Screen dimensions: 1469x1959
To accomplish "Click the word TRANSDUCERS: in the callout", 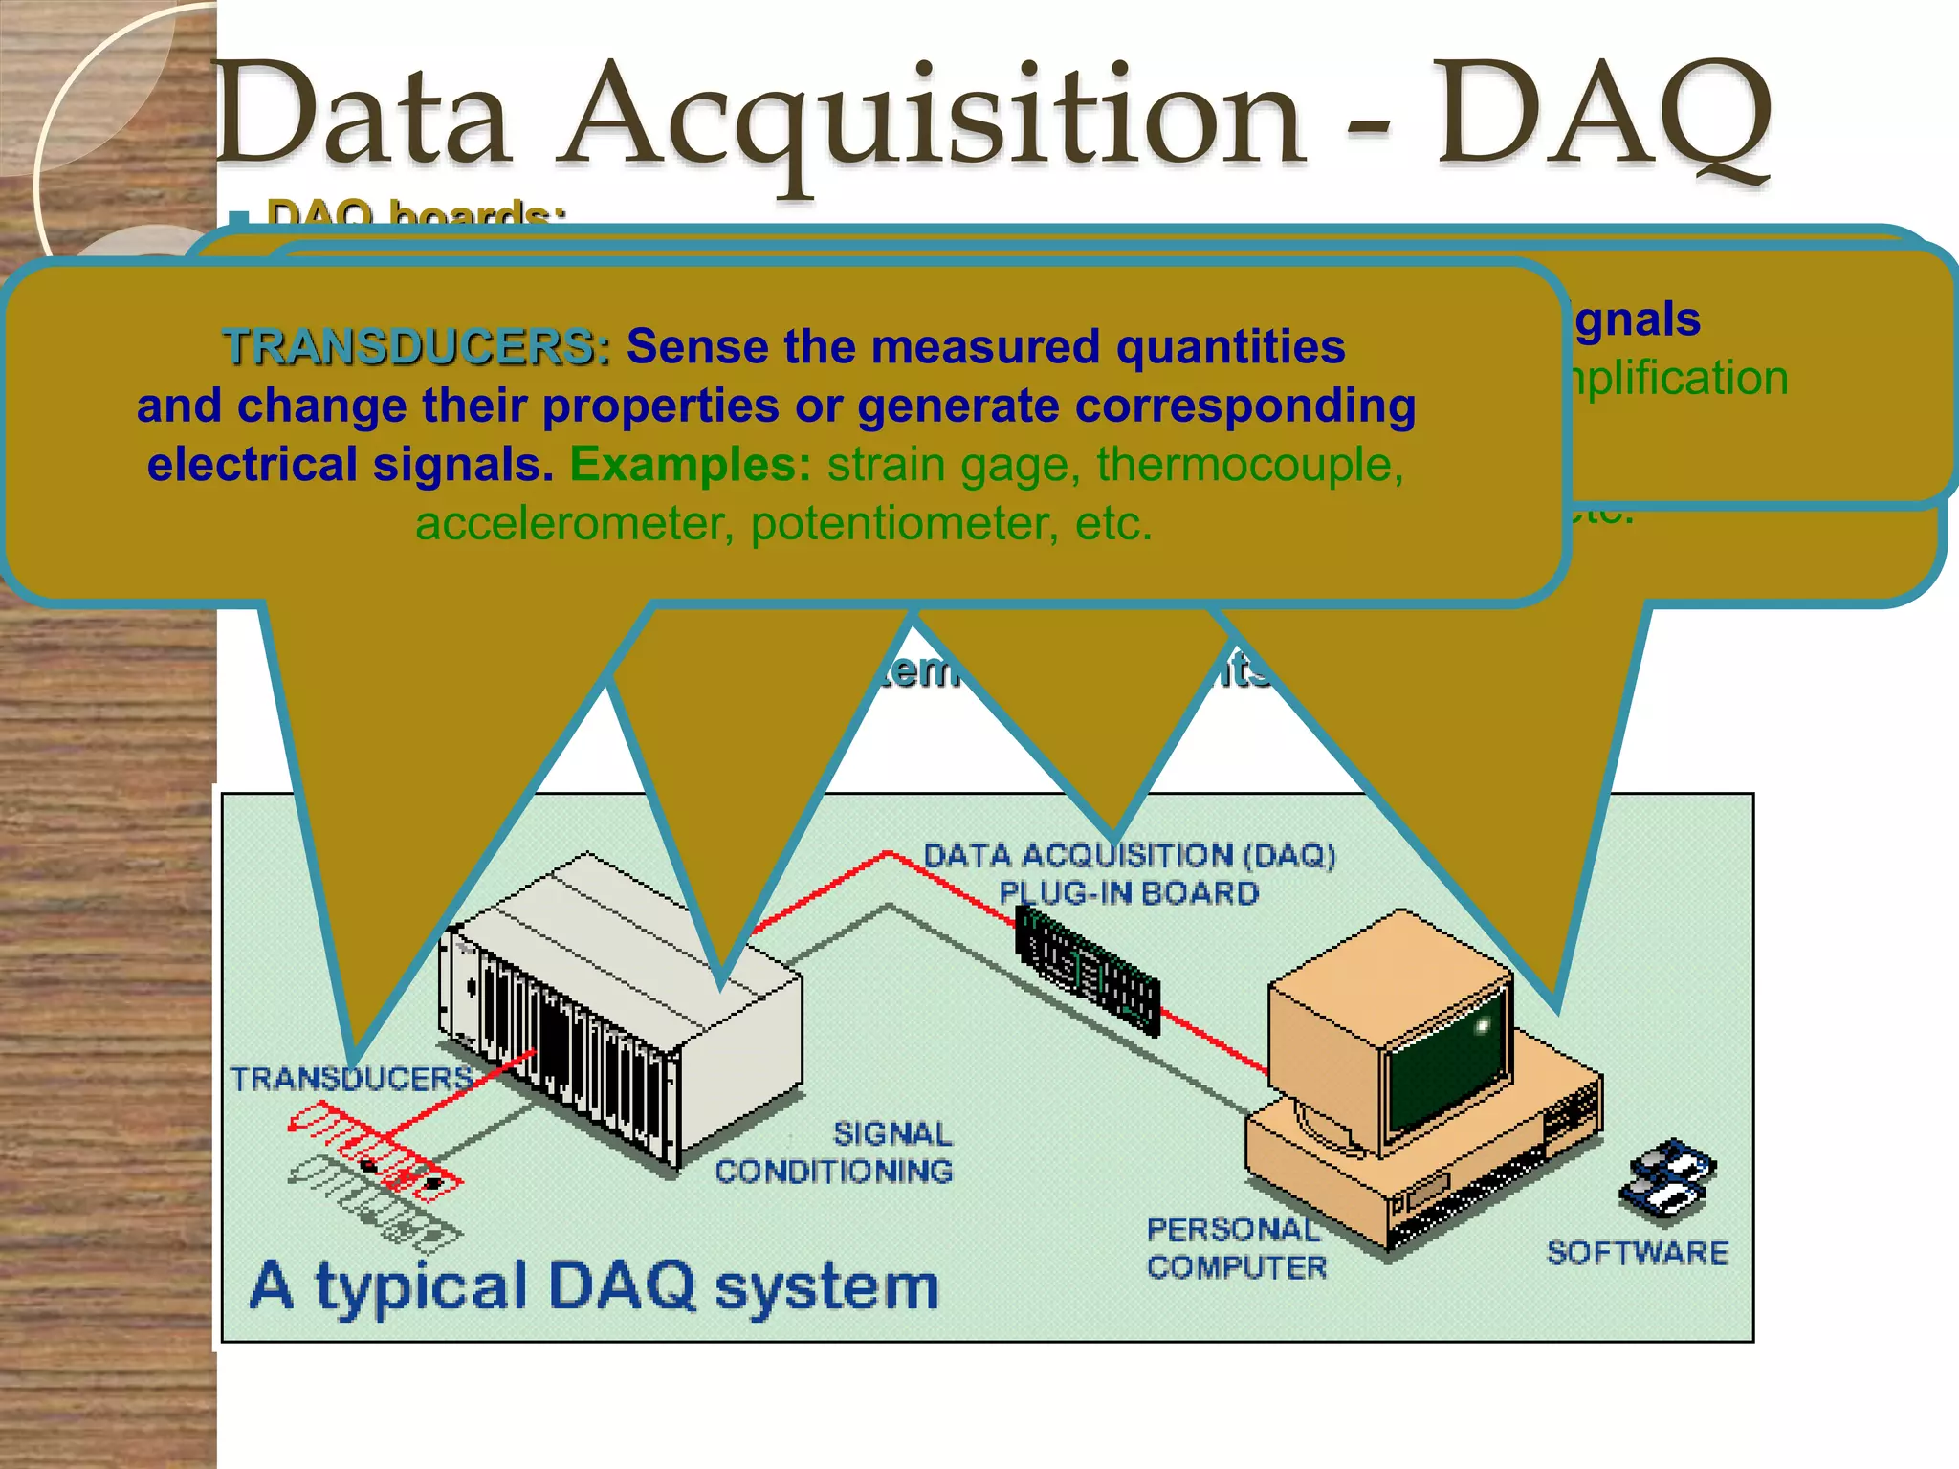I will [416, 346].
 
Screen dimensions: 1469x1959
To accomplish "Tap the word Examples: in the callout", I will [691, 465].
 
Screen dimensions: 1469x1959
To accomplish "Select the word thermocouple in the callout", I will [1249, 465].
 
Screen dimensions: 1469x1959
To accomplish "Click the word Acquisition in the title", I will [933, 120].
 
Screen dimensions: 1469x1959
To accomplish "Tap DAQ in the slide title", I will [1607, 115].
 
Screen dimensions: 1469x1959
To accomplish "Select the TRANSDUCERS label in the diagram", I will [351, 1079].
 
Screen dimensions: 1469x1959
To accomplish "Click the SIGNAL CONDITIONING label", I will [834, 1152].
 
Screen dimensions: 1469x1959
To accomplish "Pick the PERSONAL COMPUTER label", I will [1237, 1248].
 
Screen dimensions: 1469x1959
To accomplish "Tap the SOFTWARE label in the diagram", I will [1638, 1253].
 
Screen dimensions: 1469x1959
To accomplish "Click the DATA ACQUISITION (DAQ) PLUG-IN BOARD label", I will [1129, 874].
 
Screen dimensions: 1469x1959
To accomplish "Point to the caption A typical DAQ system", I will [594, 1286].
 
